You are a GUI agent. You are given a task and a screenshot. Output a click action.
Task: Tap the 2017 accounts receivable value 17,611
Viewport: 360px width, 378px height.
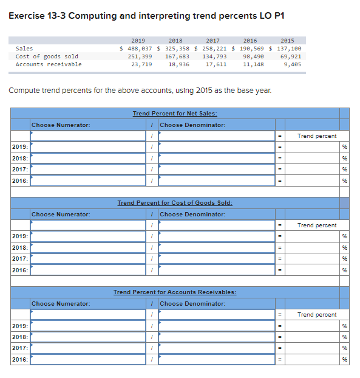pyautogui.click(x=216, y=64)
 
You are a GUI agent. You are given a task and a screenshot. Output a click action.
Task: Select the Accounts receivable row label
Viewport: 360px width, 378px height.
pyautogui.click(x=48, y=64)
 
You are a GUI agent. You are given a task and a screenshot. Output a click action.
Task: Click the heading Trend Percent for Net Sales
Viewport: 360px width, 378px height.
pyautogui.click(x=175, y=114)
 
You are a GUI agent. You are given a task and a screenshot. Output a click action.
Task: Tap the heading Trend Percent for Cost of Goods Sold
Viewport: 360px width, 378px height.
pyautogui.click(x=175, y=203)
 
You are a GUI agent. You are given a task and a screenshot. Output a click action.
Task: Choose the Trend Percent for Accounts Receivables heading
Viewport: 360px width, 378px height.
pyautogui.click(x=175, y=292)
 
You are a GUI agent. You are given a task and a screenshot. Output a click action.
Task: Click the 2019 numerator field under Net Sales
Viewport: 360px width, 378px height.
pyautogui.click(x=88, y=147)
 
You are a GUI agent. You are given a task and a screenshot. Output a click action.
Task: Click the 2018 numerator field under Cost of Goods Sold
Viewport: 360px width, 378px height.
pyautogui.click(x=88, y=247)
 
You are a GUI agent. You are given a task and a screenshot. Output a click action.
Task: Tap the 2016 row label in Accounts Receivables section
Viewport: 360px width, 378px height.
pyautogui.click(x=20, y=359)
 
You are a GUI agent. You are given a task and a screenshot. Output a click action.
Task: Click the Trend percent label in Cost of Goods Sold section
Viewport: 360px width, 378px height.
pyautogui.click(x=318, y=225)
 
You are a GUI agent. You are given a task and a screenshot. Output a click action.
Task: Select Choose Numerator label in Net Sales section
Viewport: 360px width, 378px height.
pyautogui.click(x=61, y=125)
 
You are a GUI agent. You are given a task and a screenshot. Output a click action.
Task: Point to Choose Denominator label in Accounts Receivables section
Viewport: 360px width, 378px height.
pyautogui.click(x=192, y=304)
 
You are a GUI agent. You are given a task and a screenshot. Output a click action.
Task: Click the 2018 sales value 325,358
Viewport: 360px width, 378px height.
pyautogui.click(x=176, y=48)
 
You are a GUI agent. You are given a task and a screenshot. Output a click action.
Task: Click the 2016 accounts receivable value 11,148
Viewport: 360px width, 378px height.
pyautogui.click(x=253, y=64)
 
